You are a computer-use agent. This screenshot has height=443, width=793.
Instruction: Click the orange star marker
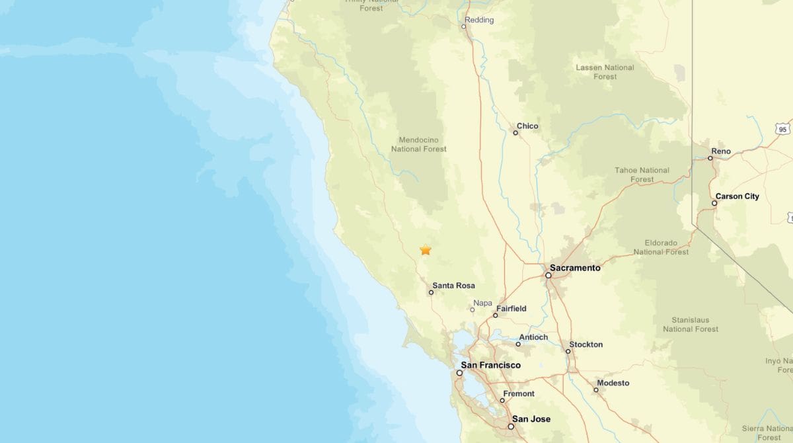(x=426, y=250)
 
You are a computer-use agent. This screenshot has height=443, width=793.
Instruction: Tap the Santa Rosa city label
(x=453, y=286)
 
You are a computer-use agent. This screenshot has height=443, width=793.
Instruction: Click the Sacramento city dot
(x=548, y=275)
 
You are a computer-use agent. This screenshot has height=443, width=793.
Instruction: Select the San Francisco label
(x=490, y=365)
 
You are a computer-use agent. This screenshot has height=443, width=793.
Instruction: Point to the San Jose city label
(x=531, y=419)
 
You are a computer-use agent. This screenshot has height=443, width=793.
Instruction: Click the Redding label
(x=479, y=20)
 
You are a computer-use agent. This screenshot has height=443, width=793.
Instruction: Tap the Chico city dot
(x=515, y=133)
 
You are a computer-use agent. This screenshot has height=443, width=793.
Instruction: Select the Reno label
(x=721, y=151)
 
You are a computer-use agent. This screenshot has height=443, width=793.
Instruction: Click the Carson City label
(x=737, y=196)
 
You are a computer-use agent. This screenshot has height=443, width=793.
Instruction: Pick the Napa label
(x=482, y=303)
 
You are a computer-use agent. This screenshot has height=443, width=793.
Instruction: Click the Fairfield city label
(x=511, y=309)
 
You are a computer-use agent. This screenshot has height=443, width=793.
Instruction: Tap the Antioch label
(x=533, y=337)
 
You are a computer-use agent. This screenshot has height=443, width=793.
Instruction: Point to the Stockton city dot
(x=568, y=351)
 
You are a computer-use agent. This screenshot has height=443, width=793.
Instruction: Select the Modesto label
(x=613, y=383)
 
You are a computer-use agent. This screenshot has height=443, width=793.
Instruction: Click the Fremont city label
(x=519, y=394)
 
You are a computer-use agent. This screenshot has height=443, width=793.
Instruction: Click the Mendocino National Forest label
(x=418, y=144)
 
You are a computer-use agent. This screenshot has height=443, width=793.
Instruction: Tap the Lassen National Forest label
(x=605, y=72)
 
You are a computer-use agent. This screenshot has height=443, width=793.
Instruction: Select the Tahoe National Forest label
(x=642, y=175)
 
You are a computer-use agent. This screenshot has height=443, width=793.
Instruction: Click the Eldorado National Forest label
(x=661, y=247)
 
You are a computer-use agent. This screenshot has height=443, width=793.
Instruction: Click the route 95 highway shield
(x=783, y=130)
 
